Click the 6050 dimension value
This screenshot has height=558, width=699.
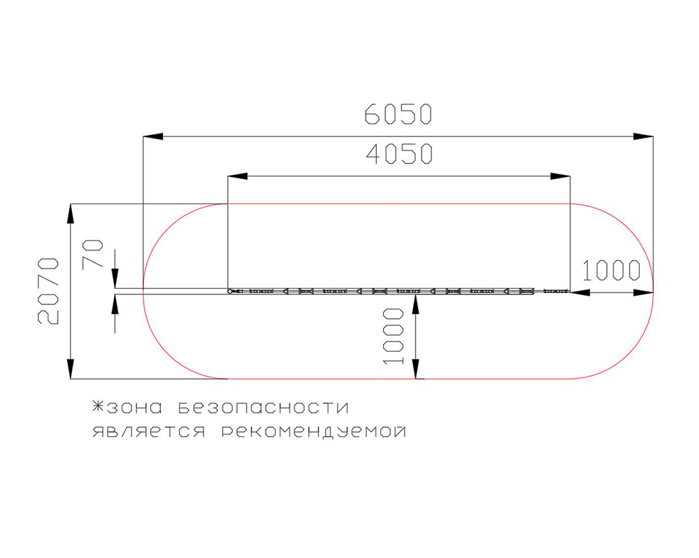coord(398,114)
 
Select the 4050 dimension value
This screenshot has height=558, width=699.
coord(399,154)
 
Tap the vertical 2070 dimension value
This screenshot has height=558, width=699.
coord(48,291)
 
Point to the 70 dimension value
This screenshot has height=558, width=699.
coord(93,253)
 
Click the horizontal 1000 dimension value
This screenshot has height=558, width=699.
coord(611,271)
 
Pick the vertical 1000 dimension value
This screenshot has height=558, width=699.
coord(394,336)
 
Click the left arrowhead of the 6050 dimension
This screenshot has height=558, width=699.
coord(152,136)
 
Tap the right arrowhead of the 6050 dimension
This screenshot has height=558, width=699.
coord(643,136)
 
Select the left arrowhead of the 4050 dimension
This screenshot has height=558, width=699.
coord(238,176)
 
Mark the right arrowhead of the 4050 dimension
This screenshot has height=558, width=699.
coord(561,176)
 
